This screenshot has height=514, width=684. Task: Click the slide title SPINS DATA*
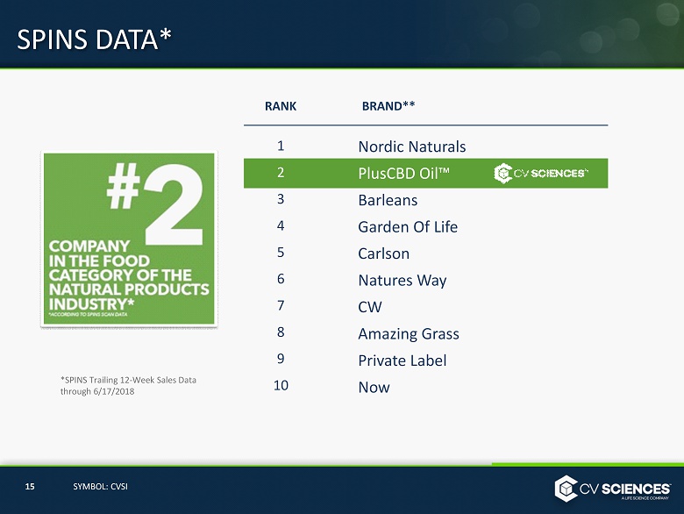pos(94,39)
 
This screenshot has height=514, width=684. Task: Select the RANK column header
pos(281,106)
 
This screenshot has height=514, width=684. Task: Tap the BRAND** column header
pos(388,106)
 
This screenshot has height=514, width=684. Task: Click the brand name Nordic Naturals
pos(412,146)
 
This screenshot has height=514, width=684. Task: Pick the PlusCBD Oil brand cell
pos(403,173)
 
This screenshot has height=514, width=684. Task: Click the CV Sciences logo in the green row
pos(541,173)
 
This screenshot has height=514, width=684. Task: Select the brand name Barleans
pos(388,200)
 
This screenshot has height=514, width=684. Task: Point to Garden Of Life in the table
pos(408,227)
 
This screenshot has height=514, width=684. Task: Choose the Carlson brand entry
pos(383,253)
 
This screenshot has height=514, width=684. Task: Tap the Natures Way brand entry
pos(403,281)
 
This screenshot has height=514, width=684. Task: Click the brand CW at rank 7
pos(370,307)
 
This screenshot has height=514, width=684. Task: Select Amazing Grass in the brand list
pos(409,334)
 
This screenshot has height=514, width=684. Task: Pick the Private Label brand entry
pos(403,361)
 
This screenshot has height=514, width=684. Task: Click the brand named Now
pos(374,388)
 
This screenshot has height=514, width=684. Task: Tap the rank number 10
pos(281,385)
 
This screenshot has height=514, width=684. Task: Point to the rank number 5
pos(281,253)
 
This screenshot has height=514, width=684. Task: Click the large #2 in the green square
pos(155,204)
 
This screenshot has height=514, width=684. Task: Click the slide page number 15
pos(30,487)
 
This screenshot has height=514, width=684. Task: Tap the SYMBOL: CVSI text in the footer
pos(100,487)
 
